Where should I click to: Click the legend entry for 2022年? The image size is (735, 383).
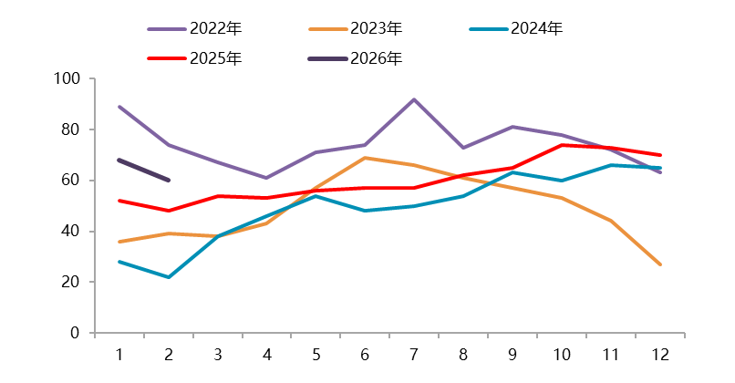pos(215,28)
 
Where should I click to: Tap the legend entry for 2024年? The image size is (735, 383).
pos(537,28)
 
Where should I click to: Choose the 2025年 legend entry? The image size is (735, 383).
pos(215,58)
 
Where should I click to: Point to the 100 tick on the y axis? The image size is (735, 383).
pos(69,79)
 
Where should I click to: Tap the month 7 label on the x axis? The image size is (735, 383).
pos(414,354)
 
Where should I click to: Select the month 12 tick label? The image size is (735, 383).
pos(659,354)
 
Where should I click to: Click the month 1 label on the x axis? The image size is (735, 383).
pos(119,354)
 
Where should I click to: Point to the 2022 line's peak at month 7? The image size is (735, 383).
pos(414,99)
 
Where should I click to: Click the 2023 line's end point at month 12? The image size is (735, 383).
pos(659,264)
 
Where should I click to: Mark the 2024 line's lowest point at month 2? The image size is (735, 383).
pos(169,277)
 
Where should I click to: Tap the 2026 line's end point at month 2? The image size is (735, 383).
pos(169,181)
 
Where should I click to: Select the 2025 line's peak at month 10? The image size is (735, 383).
pos(562,145)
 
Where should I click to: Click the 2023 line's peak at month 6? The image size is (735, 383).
pos(365,158)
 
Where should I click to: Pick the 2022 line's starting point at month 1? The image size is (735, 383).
pos(119,107)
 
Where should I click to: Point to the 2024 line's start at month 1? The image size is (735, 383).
pos(119,262)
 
